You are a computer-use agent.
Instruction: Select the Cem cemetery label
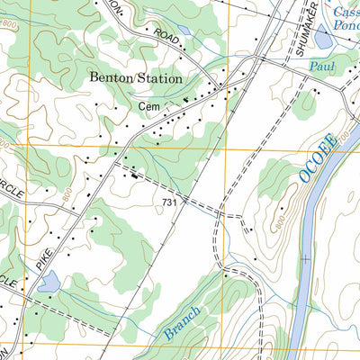148,105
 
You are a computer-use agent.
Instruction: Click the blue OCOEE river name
318,157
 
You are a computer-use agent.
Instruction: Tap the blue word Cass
346,12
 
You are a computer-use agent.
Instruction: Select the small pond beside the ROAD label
184,30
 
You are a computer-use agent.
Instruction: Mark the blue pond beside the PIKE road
49,283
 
